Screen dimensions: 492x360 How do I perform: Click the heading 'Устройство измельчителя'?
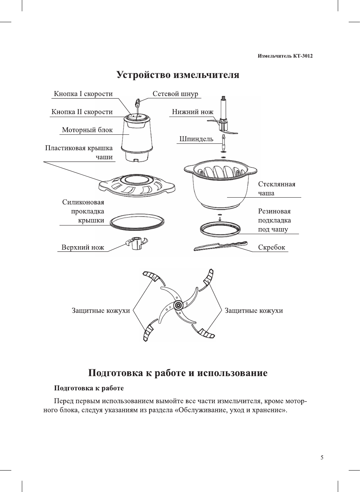coord(178,75)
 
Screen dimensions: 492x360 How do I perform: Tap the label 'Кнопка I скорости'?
coord(83,94)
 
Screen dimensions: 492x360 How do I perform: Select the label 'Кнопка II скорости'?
coord(82,112)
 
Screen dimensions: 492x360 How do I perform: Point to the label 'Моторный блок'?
coord(87,130)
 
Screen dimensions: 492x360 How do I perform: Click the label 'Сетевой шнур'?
coord(175,94)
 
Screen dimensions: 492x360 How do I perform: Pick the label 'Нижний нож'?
coord(192,112)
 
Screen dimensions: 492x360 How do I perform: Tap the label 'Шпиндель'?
coord(196,139)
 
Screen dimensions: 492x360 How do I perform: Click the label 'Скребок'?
coord(272,248)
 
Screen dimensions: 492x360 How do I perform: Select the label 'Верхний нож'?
coord(83,248)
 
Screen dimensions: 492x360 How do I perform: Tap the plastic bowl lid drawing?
coord(137,184)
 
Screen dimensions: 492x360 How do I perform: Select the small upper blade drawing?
coord(136,243)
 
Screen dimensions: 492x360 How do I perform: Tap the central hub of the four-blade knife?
coord(178,305)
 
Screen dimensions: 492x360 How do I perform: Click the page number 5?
coord(322,458)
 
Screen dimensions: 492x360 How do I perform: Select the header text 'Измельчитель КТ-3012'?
coord(285,56)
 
